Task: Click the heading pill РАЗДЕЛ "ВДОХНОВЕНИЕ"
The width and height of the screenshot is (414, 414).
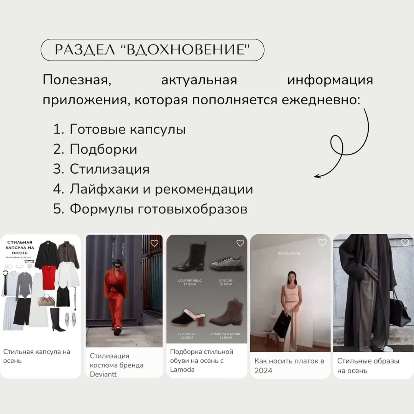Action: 152,50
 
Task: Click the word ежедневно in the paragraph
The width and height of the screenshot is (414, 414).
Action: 321,100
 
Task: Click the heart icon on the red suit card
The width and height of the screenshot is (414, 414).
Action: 154,243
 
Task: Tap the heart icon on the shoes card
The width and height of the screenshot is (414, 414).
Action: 240,243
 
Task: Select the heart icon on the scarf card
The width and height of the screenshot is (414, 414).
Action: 322,242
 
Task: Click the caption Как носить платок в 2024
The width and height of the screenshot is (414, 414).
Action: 289,366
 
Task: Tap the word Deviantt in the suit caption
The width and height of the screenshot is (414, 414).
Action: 103,375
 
